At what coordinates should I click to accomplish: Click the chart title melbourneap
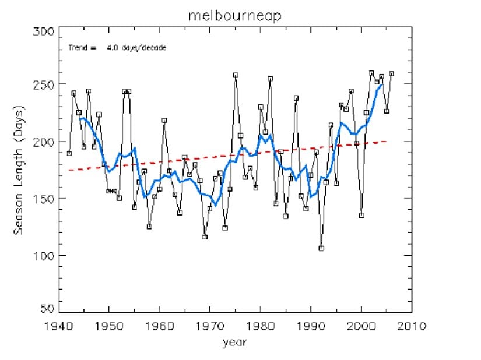(235, 16)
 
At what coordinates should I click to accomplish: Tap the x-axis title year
(235, 343)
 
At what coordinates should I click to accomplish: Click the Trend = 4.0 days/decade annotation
(117, 47)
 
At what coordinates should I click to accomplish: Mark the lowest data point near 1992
(321, 249)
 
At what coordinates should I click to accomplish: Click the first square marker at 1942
(69, 153)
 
